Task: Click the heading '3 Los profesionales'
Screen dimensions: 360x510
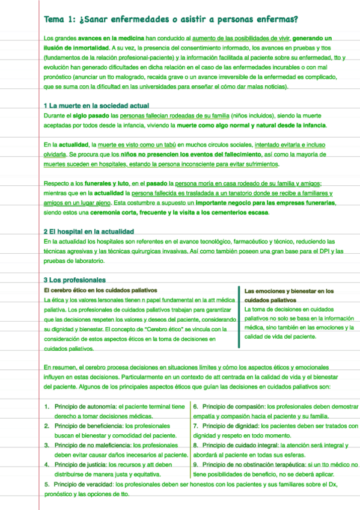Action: pyautogui.click(x=75, y=280)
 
